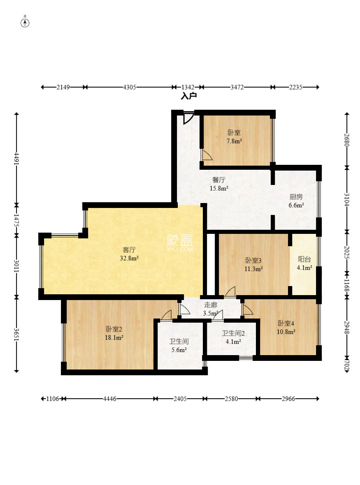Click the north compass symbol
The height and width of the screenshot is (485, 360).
(25, 23)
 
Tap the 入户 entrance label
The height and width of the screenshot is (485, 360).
(189, 96)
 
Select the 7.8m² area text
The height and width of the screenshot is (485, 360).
(234, 141)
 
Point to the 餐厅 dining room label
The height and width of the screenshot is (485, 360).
(219, 180)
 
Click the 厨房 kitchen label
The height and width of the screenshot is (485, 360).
(296, 197)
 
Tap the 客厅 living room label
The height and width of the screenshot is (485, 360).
(129, 249)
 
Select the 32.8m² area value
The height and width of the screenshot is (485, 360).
(129, 258)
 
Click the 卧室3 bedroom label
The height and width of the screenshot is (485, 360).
(253, 261)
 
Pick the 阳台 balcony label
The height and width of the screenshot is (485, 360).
(304, 259)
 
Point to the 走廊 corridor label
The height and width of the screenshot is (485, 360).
(211, 305)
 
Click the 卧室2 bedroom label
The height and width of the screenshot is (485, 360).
(114, 329)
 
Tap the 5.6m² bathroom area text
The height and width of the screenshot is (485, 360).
(179, 350)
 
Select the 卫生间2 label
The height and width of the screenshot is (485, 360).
(233, 333)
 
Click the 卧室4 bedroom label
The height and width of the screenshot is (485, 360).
(286, 323)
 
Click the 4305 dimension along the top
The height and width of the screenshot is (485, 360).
(129, 87)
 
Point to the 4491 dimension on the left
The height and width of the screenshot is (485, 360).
(17, 159)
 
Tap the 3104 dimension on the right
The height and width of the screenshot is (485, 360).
(347, 199)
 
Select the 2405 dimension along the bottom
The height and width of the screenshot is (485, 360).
(180, 399)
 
